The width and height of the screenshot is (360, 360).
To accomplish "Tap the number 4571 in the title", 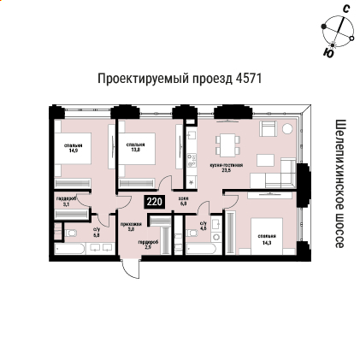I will (x=248, y=79).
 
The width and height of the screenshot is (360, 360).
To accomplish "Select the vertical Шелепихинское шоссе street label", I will (x=339, y=184).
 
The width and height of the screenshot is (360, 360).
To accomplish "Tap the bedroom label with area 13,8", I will (x=135, y=148).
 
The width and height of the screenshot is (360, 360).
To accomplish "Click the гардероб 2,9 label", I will (x=148, y=244).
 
